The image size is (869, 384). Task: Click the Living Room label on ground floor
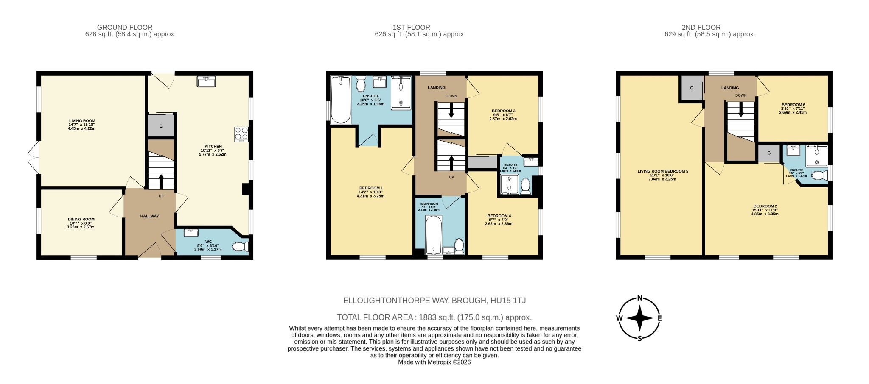(82, 121)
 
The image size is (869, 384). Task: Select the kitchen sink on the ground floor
(207, 81)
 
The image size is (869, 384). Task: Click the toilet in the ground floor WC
(241, 247)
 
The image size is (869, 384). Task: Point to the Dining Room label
(81, 220)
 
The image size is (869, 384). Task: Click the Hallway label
(149, 216)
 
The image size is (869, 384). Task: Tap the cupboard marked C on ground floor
(161, 126)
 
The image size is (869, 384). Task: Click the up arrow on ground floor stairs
(161, 181)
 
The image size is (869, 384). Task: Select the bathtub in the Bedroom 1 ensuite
(340, 100)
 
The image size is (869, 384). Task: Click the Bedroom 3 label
(503, 111)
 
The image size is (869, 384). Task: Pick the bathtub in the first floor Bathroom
(433, 234)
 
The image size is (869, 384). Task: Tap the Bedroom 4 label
(499, 216)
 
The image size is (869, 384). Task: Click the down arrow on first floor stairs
(451, 111)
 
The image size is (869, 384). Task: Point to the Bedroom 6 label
(793, 105)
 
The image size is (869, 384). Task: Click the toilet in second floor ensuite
(819, 175)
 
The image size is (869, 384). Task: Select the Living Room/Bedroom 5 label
(662, 171)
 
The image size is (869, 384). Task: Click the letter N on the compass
(639, 298)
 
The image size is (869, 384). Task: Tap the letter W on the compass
(620, 318)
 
